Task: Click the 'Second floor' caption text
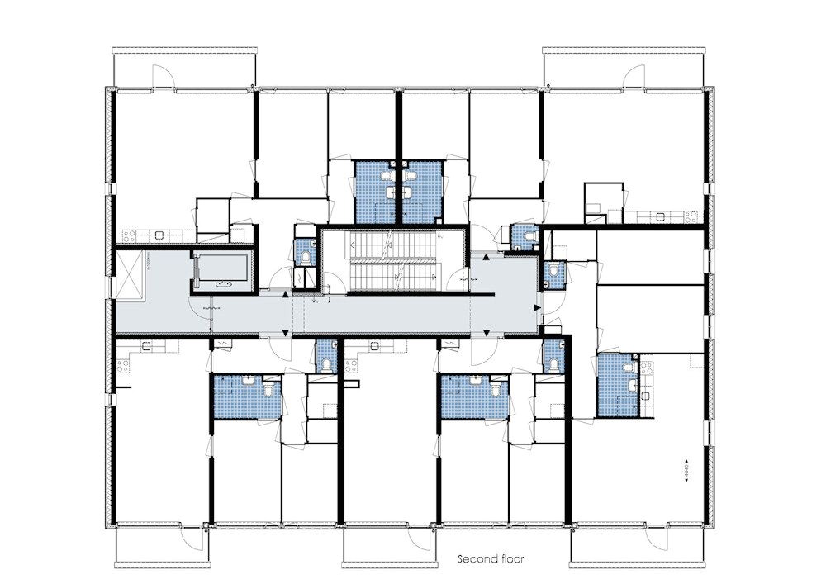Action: (x=491, y=559)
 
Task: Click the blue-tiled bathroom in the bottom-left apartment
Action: (x=246, y=396)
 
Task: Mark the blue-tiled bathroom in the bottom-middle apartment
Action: (x=473, y=396)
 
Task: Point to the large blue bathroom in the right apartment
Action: (x=618, y=385)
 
